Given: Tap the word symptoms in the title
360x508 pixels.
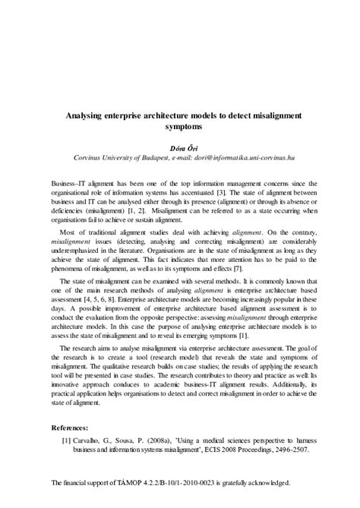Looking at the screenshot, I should coord(179,126).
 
